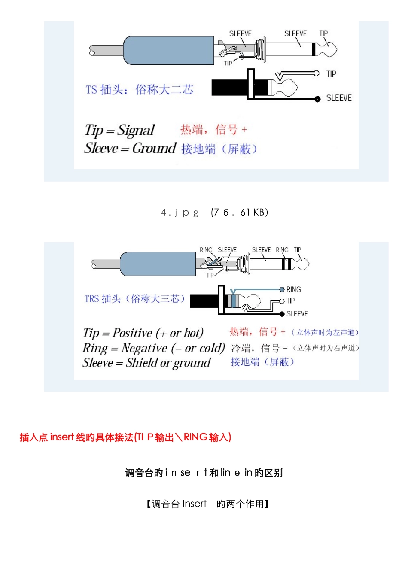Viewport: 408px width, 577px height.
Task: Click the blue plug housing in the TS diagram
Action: pos(168,51)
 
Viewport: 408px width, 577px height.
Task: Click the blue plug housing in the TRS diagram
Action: pos(158,264)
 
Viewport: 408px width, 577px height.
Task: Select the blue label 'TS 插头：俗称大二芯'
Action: pos(139,90)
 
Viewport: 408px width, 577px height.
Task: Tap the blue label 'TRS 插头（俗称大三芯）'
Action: pos(134,299)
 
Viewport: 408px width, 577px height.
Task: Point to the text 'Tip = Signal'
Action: pos(119,130)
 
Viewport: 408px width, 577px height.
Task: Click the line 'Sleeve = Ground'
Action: pos(130,149)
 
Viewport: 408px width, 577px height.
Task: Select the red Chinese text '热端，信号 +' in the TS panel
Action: pos(213,129)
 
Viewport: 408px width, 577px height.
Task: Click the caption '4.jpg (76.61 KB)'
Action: pos(214,213)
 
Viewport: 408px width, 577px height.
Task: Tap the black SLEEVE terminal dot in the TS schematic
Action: pos(317,99)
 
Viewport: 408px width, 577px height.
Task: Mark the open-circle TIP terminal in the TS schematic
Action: pos(317,73)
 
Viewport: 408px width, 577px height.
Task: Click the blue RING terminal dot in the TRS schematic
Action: pos(282,289)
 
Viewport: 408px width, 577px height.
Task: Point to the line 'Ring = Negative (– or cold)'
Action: pos(153,348)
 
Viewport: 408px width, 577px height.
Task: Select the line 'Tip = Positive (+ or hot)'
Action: pos(143,333)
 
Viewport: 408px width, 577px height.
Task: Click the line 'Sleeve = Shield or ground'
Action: pos(146,363)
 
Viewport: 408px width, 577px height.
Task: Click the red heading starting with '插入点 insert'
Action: pos(125,437)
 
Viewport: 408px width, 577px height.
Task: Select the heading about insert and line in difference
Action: pos(204,473)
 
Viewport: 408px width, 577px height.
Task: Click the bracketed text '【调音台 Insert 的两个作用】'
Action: pos(207,504)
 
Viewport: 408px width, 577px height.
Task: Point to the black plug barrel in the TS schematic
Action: pos(229,88)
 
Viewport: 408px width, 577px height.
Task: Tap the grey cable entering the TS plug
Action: pos(106,50)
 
